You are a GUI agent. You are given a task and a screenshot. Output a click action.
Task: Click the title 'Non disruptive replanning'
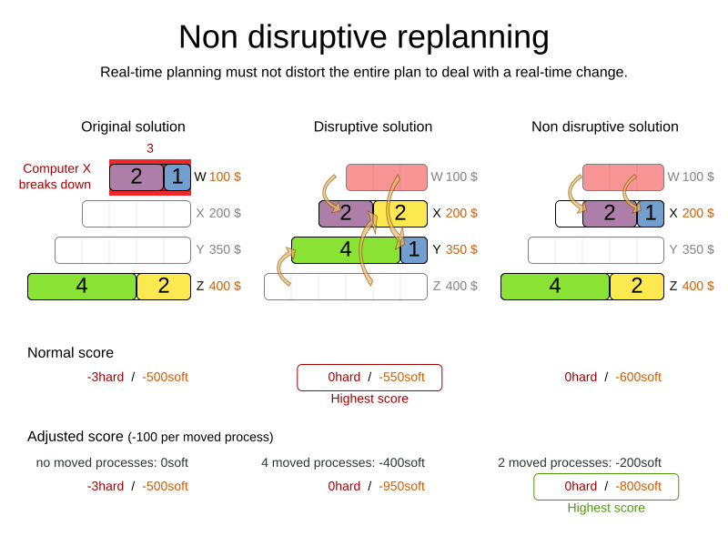tap(363, 36)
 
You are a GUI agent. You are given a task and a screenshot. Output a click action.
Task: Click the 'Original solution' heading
tap(133, 126)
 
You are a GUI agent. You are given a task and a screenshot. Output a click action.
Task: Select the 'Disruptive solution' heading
tap(372, 126)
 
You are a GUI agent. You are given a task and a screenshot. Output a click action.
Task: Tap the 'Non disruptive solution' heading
tap(604, 126)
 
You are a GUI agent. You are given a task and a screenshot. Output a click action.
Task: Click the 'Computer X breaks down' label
tap(56, 177)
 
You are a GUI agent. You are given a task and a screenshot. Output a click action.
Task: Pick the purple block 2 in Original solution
tap(136, 177)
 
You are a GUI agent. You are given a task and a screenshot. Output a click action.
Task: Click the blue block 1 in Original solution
tap(177, 177)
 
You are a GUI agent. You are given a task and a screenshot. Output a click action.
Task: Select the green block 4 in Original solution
tap(82, 286)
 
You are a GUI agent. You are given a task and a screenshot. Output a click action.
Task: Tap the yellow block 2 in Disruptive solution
tap(400, 213)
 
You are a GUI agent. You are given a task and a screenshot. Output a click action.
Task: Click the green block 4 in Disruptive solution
tap(346, 249)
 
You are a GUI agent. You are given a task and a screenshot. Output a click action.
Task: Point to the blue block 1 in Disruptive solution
tap(414, 249)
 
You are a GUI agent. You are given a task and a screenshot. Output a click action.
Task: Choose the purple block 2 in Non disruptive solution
tap(610, 213)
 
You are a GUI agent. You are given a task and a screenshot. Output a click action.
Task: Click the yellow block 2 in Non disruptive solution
tap(637, 286)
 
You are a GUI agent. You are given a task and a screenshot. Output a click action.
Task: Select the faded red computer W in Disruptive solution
tap(387, 177)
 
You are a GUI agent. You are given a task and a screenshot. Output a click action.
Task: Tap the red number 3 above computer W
tap(150, 148)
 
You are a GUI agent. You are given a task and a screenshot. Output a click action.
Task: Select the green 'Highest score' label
tap(606, 508)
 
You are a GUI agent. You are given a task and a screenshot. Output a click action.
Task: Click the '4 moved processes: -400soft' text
tap(342, 462)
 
